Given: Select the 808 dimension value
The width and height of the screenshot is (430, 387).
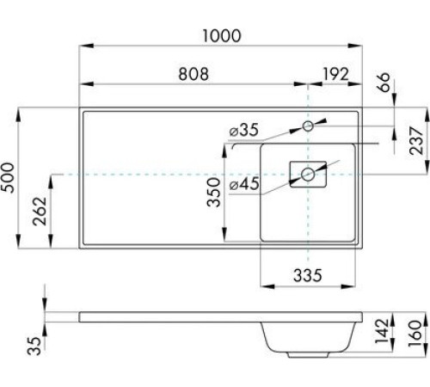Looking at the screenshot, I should pyautogui.click(x=193, y=74).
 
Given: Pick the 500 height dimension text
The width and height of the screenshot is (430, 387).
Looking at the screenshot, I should pyautogui.click(x=9, y=178).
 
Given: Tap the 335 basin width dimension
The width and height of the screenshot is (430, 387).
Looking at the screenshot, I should pyautogui.click(x=307, y=275).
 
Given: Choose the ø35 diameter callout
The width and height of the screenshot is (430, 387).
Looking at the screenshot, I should pyautogui.click(x=244, y=131).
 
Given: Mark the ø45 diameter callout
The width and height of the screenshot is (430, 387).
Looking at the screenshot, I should pyautogui.click(x=244, y=183).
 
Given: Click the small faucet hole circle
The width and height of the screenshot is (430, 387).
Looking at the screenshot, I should pyautogui.click(x=309, y=126).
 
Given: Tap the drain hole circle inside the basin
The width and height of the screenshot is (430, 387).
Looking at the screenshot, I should pyautogui.click(x=308, y=175).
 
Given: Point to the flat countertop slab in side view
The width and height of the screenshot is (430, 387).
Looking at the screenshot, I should pyautogui.click(x=172, y=316).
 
